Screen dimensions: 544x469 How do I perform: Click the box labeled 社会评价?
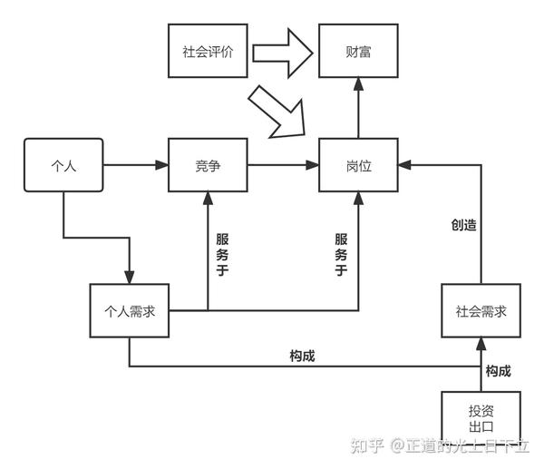208,51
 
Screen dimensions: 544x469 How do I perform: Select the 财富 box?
358,51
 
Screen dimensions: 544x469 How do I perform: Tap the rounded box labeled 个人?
63,165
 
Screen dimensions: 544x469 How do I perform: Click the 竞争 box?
208,165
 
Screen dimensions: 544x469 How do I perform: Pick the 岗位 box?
358,165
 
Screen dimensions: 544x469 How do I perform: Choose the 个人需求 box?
130,310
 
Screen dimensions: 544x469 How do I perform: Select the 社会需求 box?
481,310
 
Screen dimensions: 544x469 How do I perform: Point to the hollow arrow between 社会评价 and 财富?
282,54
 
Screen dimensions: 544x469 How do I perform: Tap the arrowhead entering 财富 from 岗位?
358,84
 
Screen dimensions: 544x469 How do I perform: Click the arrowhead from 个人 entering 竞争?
161,165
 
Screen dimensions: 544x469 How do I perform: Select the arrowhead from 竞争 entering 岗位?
312,165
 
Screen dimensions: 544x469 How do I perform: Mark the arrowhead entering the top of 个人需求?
130,278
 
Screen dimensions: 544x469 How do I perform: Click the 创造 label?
463,225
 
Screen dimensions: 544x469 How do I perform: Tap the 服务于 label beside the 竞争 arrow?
222,255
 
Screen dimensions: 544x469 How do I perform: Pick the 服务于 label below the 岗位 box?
341,255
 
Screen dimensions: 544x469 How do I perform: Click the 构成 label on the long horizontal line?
302,356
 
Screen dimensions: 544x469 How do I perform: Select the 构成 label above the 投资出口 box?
498,371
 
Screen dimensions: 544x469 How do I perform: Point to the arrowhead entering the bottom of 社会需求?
481,344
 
